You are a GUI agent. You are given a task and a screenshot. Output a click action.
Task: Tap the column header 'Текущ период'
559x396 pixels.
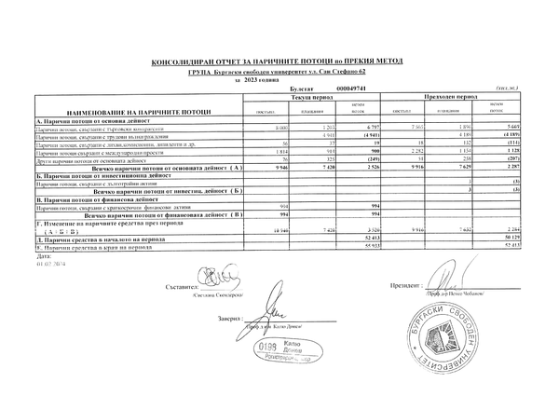(311, 97)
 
